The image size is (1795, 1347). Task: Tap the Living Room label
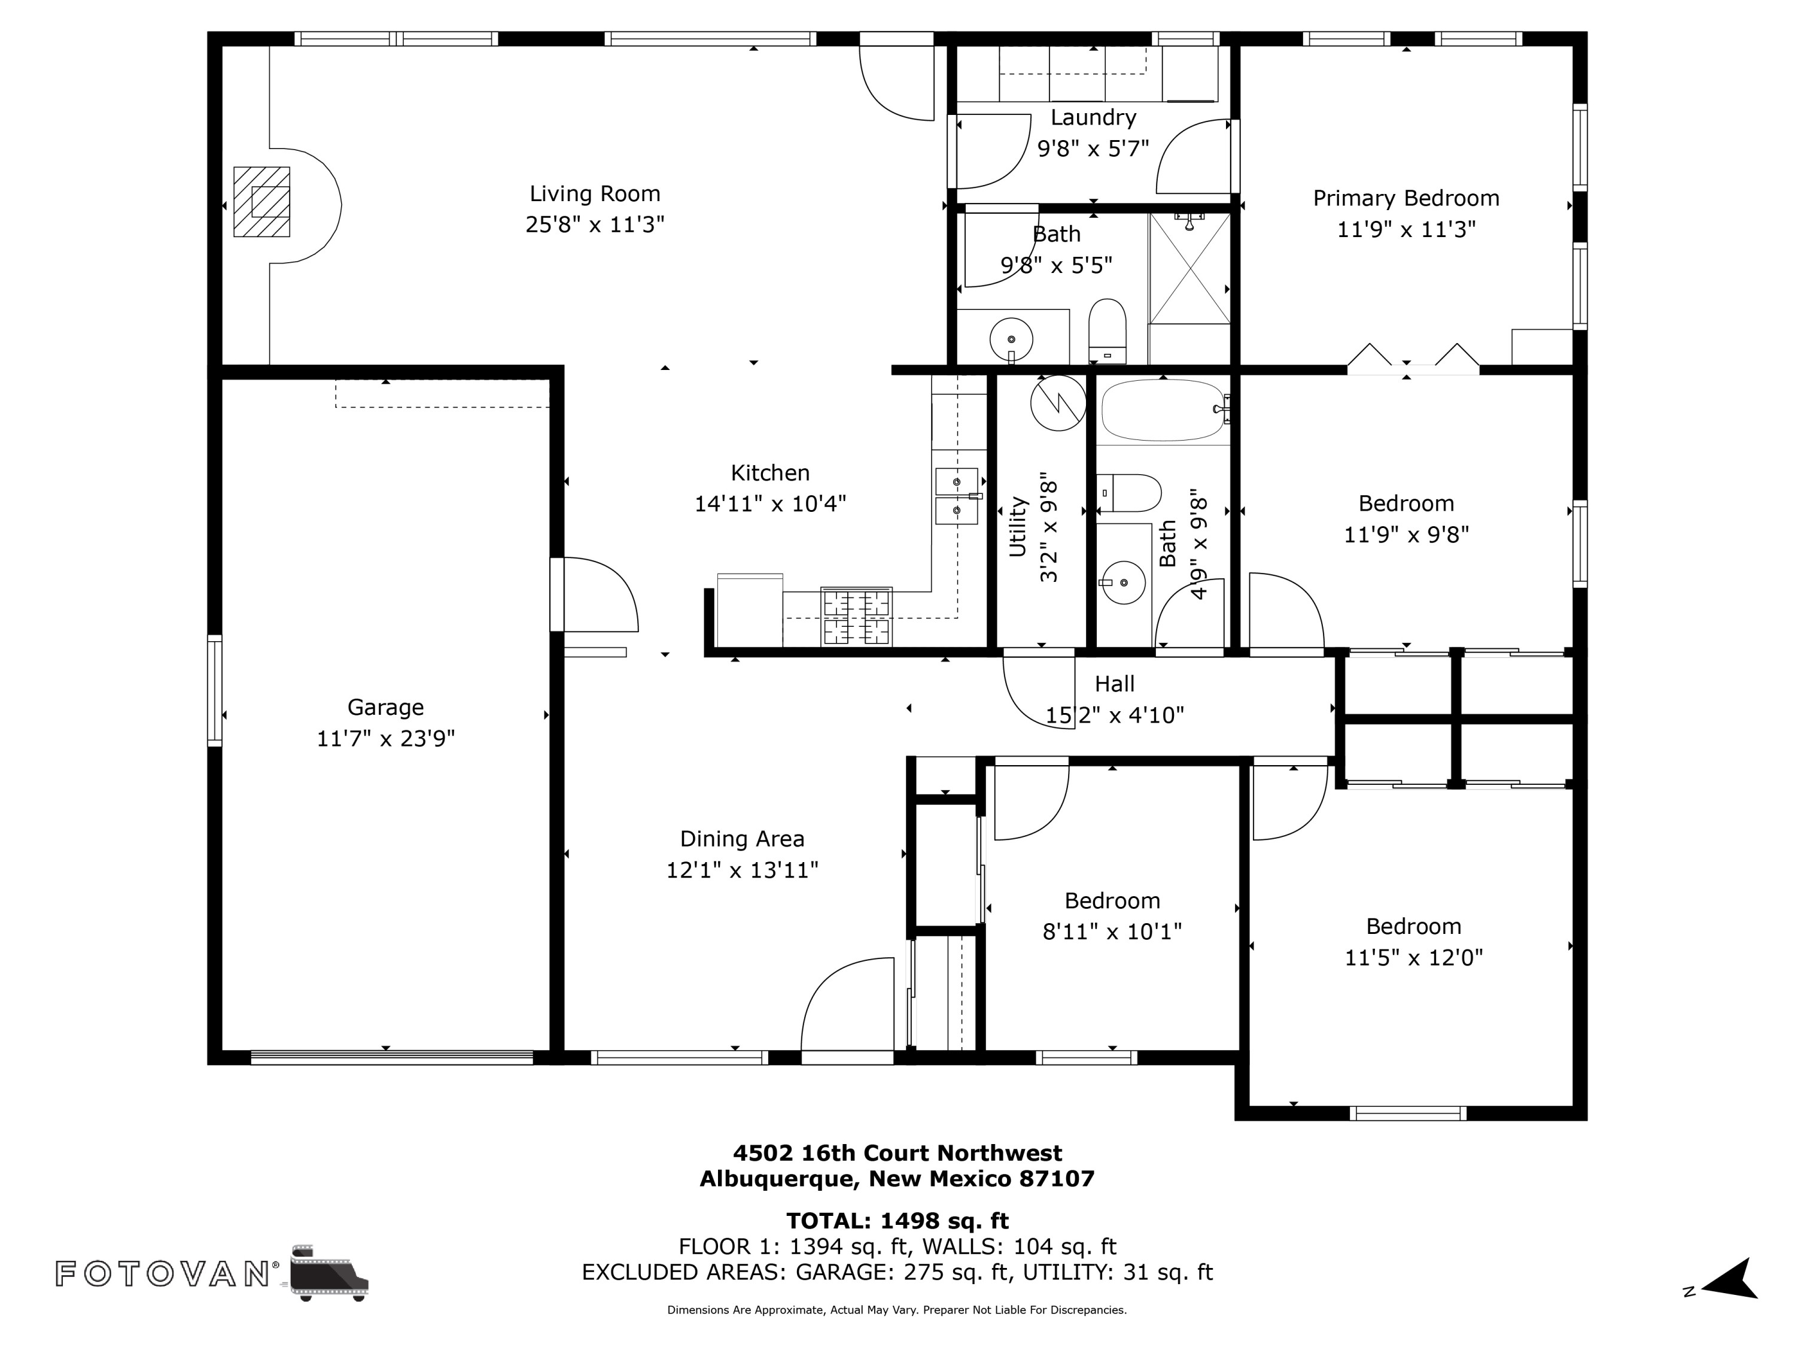coord(595,193)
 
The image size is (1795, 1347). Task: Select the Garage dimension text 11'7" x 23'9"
coord(385,738)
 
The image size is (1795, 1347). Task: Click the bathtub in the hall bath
coord(1162,410)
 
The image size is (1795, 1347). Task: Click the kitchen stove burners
coord(856,616)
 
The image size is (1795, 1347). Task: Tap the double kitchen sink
coord(957,495)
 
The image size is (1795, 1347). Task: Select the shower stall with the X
coord(1189,269)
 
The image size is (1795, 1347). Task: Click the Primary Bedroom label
coord(1405,198)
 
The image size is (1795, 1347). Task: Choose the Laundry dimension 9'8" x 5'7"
coord(1093,148)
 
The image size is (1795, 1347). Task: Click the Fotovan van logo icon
coord(328,1272)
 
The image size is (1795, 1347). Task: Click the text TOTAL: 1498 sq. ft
coord(897,1220)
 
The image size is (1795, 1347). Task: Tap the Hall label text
coord(1114,684)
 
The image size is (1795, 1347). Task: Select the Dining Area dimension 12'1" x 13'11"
coord(742,870)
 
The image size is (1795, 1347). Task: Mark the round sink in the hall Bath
coord(1124,582)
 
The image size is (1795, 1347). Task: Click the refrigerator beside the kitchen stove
coord(750,611)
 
